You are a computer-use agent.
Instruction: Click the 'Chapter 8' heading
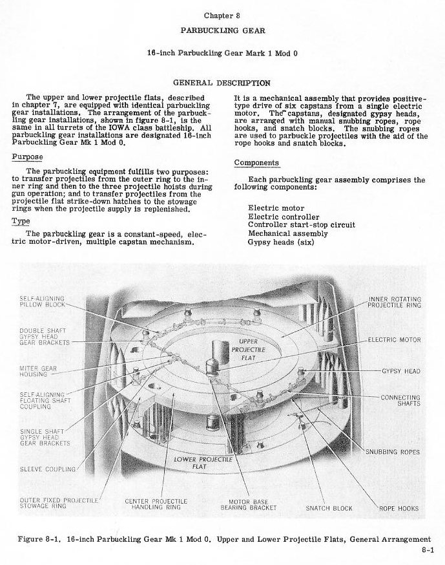222,16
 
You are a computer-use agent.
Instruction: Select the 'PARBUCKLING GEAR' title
223,30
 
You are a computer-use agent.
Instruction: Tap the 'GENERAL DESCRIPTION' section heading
222,83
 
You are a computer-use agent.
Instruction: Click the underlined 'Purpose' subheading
27,157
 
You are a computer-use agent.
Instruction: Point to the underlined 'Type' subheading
21,221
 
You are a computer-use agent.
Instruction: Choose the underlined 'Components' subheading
256,163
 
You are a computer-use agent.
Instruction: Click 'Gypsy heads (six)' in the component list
281,242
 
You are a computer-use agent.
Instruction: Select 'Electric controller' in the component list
284,217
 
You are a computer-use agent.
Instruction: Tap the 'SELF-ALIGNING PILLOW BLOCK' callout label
42,302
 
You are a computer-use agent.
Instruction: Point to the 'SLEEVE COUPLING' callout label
48,469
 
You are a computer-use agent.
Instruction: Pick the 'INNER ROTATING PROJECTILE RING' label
394,303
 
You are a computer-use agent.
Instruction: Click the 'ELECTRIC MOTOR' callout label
394,340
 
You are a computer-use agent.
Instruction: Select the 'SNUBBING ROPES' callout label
393,452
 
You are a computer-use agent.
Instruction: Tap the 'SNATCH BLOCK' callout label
329,508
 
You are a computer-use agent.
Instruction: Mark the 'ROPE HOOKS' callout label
399,508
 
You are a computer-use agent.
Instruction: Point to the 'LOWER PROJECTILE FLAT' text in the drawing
203,463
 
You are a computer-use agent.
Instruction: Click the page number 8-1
428,550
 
